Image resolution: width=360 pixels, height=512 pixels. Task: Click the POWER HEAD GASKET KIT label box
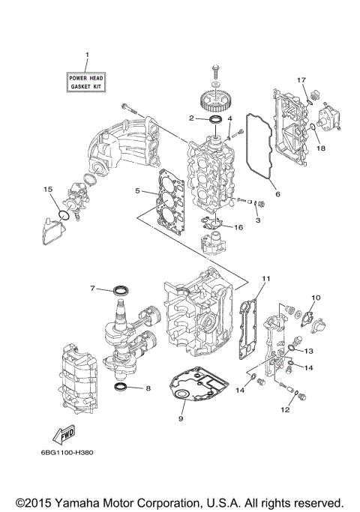point(87,82)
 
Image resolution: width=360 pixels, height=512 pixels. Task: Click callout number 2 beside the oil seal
point(192,118)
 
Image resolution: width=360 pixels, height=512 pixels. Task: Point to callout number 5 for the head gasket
point(138,190)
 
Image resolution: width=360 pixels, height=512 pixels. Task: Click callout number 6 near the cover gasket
point(277,194)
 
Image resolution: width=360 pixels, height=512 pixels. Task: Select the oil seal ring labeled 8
point(148,388)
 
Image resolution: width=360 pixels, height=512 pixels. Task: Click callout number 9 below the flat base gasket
point(180,418)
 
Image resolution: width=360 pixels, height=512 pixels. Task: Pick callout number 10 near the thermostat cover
point(315,298)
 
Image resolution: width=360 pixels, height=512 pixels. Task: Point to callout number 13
point(307,350)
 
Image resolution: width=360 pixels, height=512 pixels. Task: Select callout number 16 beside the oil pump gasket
point(238,226)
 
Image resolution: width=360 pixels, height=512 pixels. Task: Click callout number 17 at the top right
point(303,79)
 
